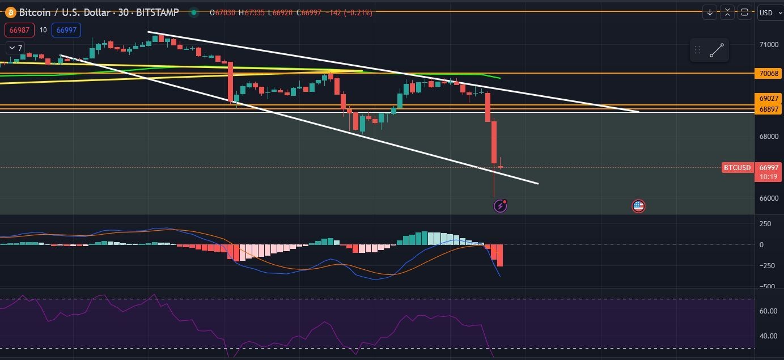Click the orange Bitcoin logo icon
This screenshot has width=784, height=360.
11,12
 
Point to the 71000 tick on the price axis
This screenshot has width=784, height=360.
768,44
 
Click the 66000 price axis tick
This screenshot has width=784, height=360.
768,198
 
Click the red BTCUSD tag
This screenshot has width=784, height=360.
738,167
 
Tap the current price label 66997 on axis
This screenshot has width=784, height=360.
768,167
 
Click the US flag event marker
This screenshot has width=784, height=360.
638,206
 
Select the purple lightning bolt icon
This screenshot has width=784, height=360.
500,206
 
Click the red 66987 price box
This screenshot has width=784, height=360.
20,30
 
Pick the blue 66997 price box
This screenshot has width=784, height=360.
66,30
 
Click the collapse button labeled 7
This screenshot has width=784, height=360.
15,48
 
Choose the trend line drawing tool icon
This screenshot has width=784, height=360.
717,50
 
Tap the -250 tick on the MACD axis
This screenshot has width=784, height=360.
766,265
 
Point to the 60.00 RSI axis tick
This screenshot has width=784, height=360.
768,311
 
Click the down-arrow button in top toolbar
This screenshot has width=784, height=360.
710,12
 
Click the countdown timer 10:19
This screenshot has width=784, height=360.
768,176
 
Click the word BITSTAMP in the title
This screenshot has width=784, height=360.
158,12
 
